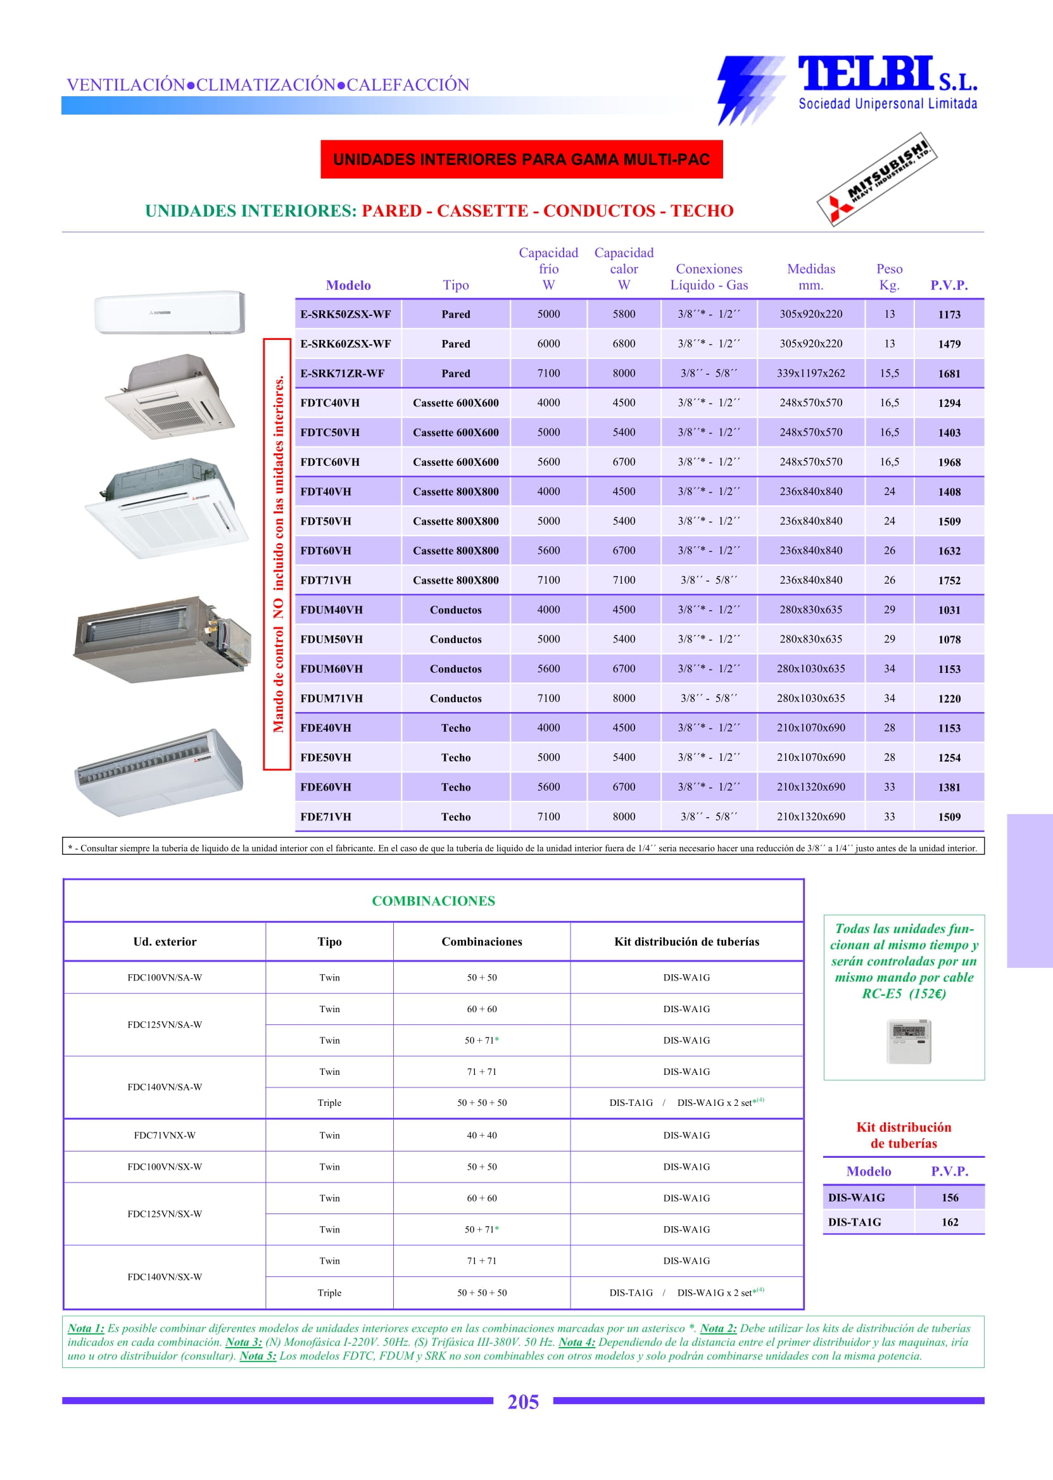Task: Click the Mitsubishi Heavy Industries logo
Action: tap(876, 180)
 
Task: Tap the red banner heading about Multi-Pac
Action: tap(521, 160)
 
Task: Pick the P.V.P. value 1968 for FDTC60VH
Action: tap(949, 462)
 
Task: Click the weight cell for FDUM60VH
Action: tap(889, 668)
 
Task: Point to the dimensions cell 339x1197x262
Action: tap(810, 373)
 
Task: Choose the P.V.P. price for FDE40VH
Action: tap(949, 728)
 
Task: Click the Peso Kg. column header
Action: tap(889, 277)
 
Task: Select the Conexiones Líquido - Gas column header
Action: tap(709, 277)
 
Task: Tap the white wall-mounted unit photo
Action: tap(170, 313)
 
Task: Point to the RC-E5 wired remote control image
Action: tap(909, 1041)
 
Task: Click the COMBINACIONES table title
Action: tap(433, 900)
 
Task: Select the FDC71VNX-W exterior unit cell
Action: tap(165, 1135)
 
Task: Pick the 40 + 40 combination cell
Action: tap(482, 1135)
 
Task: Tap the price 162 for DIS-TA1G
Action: tap(949, 1222)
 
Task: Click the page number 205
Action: tap(522, 1402)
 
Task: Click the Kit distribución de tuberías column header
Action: tap(686, 941)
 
